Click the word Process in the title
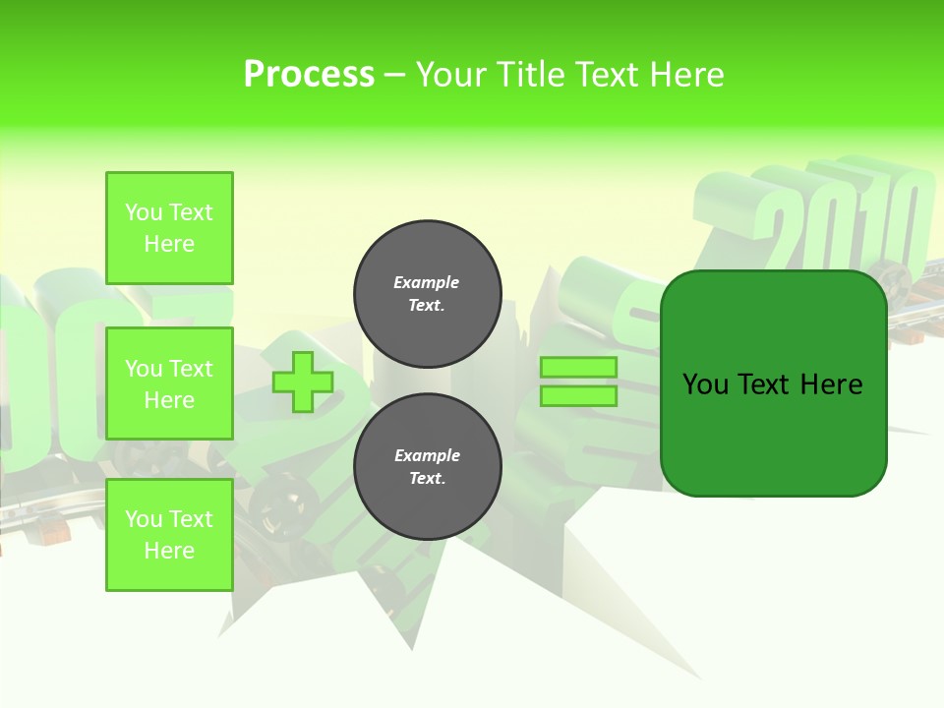pyautogui.click(x=309, y=75)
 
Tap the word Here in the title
pyautogui.click(x=685, y=75)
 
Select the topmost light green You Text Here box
pyautogui.click(x=169, y=228)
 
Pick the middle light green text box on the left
pyautogui.click(x=169, y=383)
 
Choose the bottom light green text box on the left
pyautogui.click(x=169, y=535)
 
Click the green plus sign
pyautogui.click(x=302, y=382)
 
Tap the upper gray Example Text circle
pyautogui.click(x=427, y=294)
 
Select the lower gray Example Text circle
pyautogui.click(x=427, y=467)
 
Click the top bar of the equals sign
pyautogui.click(x=579, y=368)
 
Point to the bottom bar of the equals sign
pyautogui.click(x=579, y=395)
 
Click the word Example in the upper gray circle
pyautogui.click(x=427, y=283)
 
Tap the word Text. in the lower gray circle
pyautogui.click(x=427, y=479)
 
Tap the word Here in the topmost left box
pyautogui.click(x=169, y=244)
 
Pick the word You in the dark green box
pyautogui.click(x=705, y=384)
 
